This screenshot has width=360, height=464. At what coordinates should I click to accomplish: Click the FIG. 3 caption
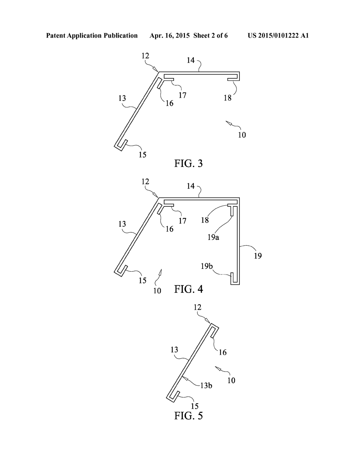point(188,163)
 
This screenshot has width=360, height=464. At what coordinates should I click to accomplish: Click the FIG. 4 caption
point(188,289)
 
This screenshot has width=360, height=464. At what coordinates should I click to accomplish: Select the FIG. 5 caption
point(188,416)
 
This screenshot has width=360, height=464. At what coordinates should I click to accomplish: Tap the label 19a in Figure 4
point(213,237)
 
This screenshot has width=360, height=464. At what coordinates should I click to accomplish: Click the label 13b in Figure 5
point(206,385)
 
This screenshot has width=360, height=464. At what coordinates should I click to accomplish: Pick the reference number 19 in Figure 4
point(258,256)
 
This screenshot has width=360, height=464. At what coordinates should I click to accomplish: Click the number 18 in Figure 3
point(228,98)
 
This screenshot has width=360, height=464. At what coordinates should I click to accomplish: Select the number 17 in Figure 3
point(182,95)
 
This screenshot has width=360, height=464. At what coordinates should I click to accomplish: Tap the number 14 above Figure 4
point(191,186)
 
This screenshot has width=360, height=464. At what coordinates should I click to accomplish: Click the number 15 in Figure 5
point(194,406)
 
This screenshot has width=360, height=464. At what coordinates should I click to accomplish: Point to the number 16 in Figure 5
point(223,352)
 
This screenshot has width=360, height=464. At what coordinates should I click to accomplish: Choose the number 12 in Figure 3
point(145,56)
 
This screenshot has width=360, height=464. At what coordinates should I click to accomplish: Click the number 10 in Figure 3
point(242,135)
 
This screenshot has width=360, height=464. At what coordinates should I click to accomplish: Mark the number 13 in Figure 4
point(122,224)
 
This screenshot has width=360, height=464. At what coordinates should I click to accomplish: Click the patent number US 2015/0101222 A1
point(278,36)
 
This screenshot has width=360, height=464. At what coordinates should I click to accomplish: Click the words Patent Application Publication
point(92,36)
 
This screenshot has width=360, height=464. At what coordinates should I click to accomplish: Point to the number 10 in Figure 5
point(231,380)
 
